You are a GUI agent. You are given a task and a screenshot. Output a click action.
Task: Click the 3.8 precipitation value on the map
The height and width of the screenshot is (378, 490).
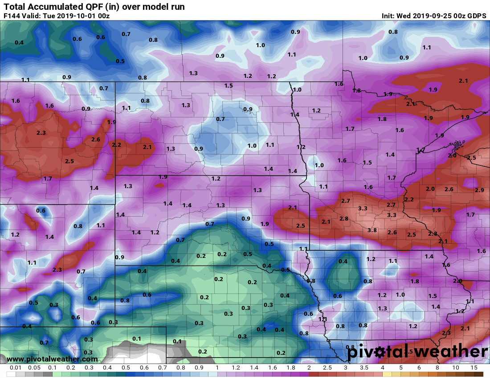pyautogui.click(x=372, y=230)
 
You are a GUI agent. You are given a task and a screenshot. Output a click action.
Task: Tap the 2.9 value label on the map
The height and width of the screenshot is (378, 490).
pyautogui.click(x=479, y=190)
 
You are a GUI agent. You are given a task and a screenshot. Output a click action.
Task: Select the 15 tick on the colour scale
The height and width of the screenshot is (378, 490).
pyautogui.click(x=474, y=368)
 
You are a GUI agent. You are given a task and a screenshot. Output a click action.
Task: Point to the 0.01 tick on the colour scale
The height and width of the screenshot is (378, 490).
pyautogui.click(x=16, y=368)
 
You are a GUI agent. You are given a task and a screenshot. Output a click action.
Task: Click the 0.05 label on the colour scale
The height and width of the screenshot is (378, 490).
pyautogui.click(x=34, y=368)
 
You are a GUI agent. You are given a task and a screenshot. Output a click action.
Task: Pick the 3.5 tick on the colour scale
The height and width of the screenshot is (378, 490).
pyautogui.click(x=364, y=368)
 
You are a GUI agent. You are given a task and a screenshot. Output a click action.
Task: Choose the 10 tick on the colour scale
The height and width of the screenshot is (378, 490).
pyautogui.click(x=456, y=368)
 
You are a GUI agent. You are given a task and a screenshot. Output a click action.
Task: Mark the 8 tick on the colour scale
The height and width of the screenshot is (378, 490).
pyautogui.click(x=437, y=368)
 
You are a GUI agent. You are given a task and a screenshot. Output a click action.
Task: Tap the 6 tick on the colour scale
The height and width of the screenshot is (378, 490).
pyautogui.click(x=419, y=368)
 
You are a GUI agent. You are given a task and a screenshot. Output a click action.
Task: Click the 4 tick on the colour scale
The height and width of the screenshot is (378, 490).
pyautogui.click(x=382, y=368)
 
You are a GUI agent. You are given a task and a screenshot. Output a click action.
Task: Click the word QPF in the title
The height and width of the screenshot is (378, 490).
pyautogui.click(x=94, y=7)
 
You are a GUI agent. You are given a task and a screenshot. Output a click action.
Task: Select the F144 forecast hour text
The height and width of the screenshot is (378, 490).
pyautogui.click(x=12, y=16)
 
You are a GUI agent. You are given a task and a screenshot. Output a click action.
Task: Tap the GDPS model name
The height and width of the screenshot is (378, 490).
pyautogui.click(x=477, y=16)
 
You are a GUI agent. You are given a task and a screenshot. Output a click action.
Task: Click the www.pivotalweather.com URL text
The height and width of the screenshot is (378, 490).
pyautogui.click(x=52, y=359)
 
